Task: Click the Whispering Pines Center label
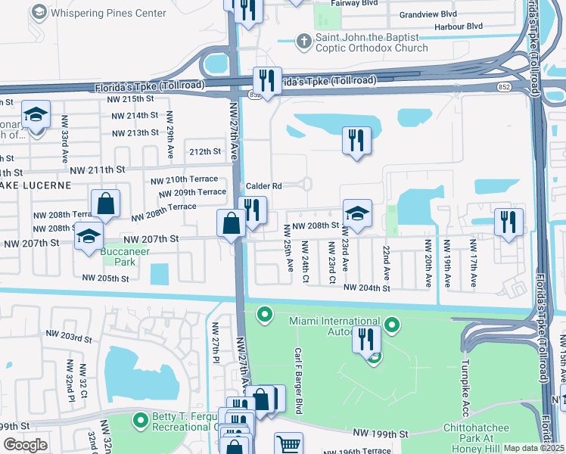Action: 109,13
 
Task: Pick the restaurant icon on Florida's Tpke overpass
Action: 266,79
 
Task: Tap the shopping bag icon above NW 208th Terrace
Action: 105,203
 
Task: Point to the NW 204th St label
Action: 366,288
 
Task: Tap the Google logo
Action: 26,445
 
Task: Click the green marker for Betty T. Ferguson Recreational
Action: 140,419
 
